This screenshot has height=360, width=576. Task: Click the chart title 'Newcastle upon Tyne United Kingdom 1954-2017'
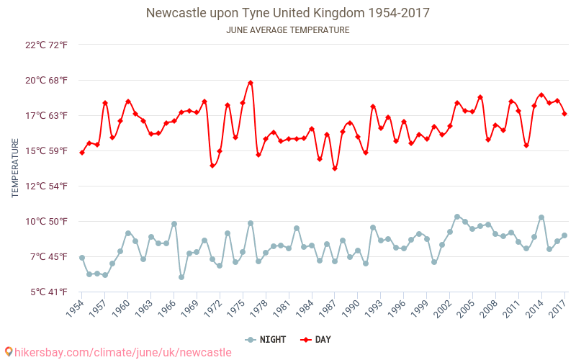288,13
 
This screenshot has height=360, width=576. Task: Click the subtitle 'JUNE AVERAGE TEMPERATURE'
288,30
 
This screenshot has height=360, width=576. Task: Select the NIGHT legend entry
264,339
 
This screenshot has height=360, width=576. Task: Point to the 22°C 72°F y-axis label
47,45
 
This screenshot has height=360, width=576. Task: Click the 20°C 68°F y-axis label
47,81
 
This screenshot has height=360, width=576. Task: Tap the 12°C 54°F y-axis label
47,186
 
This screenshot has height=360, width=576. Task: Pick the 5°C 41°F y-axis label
47,292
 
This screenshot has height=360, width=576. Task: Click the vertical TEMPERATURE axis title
15,168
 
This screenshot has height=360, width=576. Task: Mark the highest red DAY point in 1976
251,83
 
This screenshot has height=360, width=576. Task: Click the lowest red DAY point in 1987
335,168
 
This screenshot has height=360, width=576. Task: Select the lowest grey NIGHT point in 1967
181,277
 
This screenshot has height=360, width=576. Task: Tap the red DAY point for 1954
82,153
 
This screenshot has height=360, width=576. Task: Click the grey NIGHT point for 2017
564,235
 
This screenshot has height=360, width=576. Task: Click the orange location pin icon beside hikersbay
8,352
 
